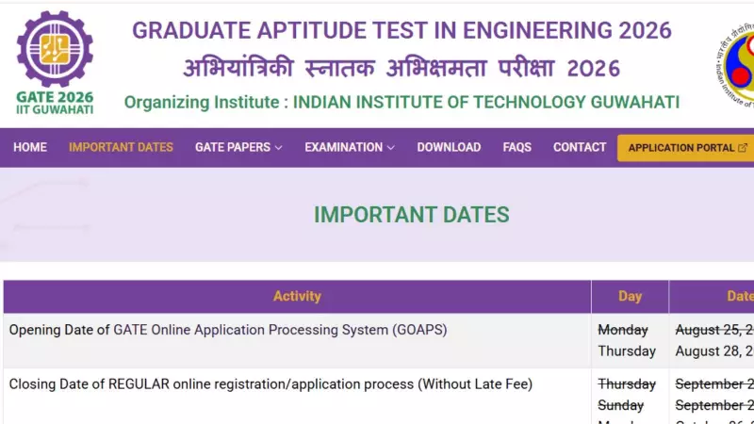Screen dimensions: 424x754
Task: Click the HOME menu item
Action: coord(30,147)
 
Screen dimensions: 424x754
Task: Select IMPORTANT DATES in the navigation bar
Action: coord(121,147)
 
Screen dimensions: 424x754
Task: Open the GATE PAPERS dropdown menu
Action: coord(238,147)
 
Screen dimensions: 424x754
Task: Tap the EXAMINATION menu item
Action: coord(349,147)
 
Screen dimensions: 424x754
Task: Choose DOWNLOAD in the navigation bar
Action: coord(449,147)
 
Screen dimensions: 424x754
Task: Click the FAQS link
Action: coord(516,147)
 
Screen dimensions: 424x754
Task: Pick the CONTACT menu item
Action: coord(580,147)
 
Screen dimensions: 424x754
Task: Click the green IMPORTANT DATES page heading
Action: coord(411,215)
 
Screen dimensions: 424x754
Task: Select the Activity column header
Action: coord(297,296)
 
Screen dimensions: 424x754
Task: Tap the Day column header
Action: coord(630,296)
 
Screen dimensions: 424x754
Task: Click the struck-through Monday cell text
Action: coord(623,330)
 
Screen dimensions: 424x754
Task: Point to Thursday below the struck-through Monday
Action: coord(627,351)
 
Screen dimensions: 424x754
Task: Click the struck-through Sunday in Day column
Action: coord(621,405)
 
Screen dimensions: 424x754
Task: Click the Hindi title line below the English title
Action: coord(401,68)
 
